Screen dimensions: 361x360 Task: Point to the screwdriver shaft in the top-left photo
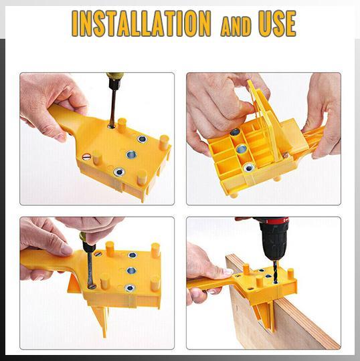click(112, 106)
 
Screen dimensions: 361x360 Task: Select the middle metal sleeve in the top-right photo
click(242, 148)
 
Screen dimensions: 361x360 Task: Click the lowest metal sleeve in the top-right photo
click(248, 166)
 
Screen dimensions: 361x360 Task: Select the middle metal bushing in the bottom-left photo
click(131, 271)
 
